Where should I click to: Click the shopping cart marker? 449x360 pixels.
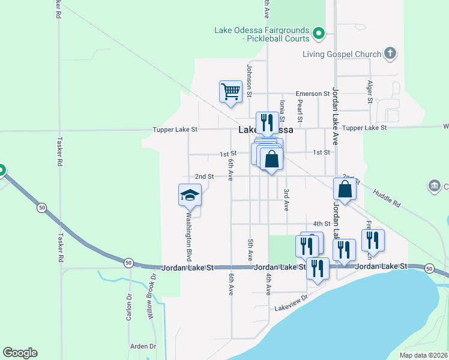230,92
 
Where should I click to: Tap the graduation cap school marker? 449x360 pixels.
190,194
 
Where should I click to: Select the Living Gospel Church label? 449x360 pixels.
343,54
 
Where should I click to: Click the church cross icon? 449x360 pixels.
390,54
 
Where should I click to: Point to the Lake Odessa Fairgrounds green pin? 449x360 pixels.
319,34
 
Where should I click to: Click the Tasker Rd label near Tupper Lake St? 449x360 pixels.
59,155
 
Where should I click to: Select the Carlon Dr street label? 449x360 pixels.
129,307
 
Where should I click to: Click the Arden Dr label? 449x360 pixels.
143,347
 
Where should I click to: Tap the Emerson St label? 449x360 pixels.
313,94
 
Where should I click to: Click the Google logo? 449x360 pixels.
20,353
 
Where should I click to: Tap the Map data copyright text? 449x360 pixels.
423,355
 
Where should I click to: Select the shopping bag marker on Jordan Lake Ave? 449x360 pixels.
345,188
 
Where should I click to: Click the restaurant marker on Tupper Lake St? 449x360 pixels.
267,122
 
